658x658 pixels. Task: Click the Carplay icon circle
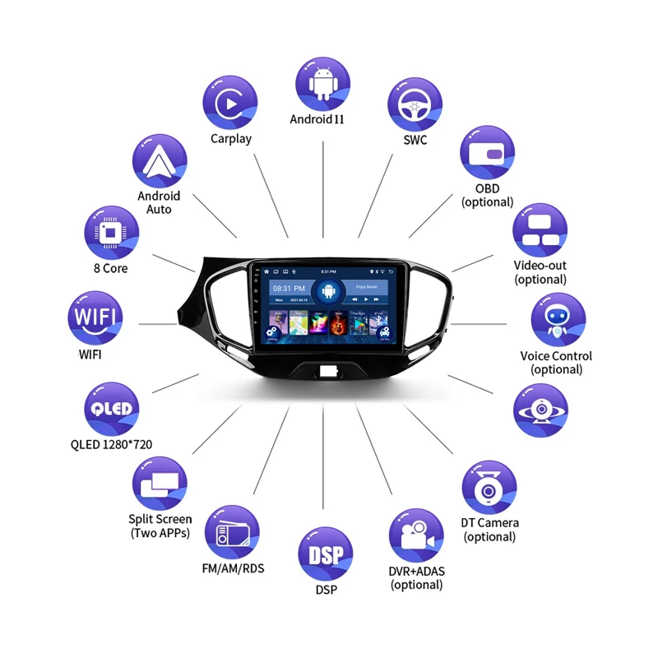[x=231, y=103]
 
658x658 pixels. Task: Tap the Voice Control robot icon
[x=558, y=320]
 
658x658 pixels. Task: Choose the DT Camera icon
[x=489, y=489]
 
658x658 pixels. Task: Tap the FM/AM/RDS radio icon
[x=232, y=533]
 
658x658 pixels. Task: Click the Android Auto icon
[x=159, y=161]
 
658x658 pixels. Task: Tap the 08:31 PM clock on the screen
[x=288, y=289]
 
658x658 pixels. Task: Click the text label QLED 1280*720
[x=111, y=445]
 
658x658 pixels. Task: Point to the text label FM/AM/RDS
[x=233, y=568]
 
